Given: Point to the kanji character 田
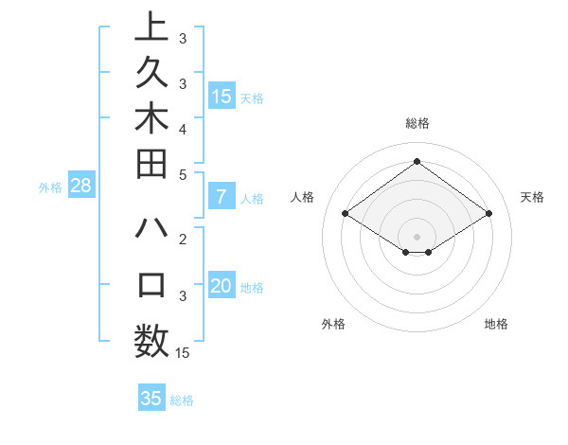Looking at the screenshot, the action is pyautogui.click(x=151, y=167).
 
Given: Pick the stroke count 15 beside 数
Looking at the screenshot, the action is pyautogui.click(x=183, y=353).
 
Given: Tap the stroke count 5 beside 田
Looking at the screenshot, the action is pyautogui.click(x=183, y=174).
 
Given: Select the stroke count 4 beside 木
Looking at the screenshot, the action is pyautogui.click(x=183, y=129).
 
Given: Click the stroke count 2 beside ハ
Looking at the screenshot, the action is pyautogui.click(x=183, y=240).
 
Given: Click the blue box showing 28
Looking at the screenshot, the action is pyautogui.click(x=80, y=186).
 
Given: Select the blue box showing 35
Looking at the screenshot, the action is pyautogui.click(x=151, y=399).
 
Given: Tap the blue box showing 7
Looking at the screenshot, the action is pyautogui.click(x=222, y=197).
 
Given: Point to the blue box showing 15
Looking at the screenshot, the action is pyautogui.click(x=222, y=96).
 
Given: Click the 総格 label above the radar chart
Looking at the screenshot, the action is pyautogui.click(x=417, y=123).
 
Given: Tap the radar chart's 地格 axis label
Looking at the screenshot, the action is pyautogui.click(x=496, y=324).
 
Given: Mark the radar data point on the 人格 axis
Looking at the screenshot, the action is pyautogui.click(x=345, y=214).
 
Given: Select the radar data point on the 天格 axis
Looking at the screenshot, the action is pyautogui.click(x=488, y=214).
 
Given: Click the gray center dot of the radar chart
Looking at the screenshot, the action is pyautogui.click(x=417, y=236).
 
